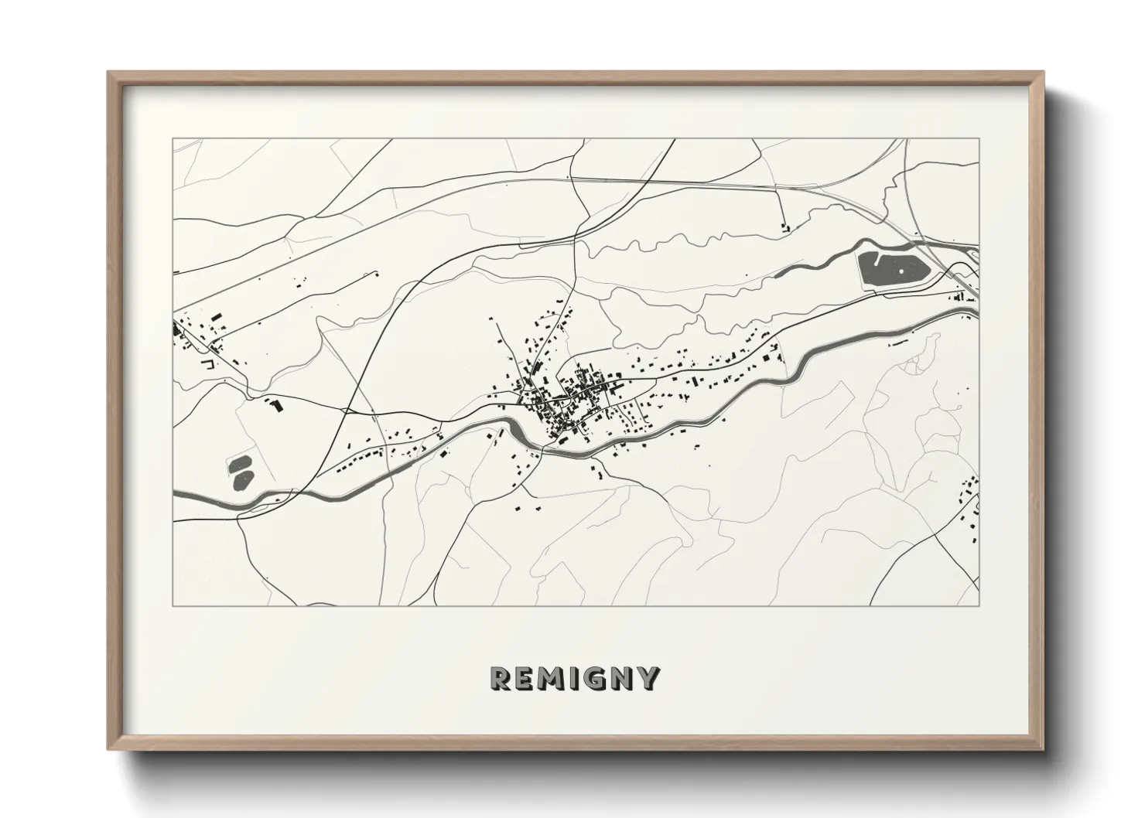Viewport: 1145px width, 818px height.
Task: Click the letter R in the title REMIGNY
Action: [501, 678]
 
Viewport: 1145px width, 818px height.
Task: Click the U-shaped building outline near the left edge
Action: [207, 362]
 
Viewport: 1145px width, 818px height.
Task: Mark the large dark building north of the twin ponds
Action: [275, 403]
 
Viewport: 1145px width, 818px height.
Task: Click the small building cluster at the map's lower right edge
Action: [969, 510]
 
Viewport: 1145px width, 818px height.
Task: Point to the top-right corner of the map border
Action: [979, 139]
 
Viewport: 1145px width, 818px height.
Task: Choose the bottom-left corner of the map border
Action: [173, 605]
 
